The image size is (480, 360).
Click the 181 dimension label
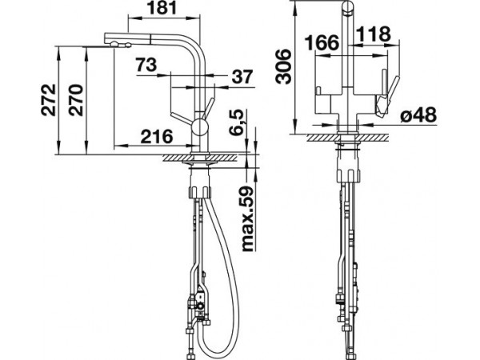pyautogui.click(x=162, y=8)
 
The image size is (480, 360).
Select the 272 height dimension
pyautogui.click(x=49, y=100)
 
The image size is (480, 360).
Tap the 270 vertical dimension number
pyautogui.click(x=76, y=100)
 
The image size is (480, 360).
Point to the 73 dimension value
pyautogui.click(x=146, y=65)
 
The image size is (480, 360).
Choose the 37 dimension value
pyautogui.click(x=242, y=77)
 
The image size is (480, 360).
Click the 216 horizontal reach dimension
pyautogui.click(x=157, y=136)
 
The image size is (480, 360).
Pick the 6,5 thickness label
pyautogui.click(x=238, y=122)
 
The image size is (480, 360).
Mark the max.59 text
pyautogui.click(x=248, y=218)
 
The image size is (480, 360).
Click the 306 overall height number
pyautogui.click(x=282, y=66)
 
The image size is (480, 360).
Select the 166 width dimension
pyautogui.click(x=322, y=42)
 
